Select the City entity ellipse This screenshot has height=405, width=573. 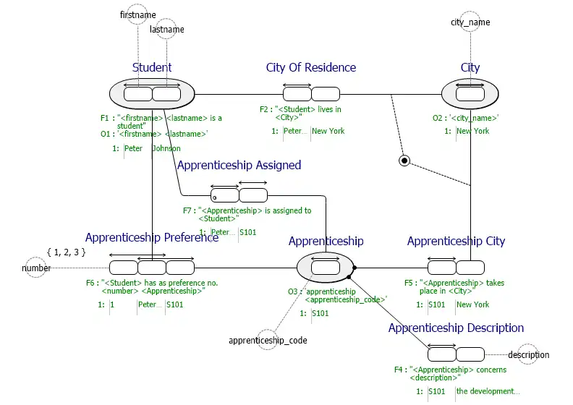pyautogui.click(x=470, y=94)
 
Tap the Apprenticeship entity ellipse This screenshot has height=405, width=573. pyautogui.click(x=325, y=268)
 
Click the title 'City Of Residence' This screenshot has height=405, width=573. pyautogui.click(x=311, y=67)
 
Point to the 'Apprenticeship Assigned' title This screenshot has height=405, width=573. pyautogui.click(x=239, y=165)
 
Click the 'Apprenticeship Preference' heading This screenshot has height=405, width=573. pyautogui.click(x=152, y=237)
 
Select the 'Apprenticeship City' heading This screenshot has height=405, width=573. pyautogui.click(x=456, y=241)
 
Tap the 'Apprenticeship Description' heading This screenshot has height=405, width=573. pyautogui.click(x=456, y=328)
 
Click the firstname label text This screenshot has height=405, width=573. pyautogui.click(x=137, y=14)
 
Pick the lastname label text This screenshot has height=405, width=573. pyautogui.click(x=167, y=30)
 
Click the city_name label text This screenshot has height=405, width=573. pyautogui.click(x=470, y=22)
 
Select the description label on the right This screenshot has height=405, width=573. pyautogui.click(x=528, y=354)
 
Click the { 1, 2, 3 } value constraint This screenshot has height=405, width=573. pyautogui.click(x=66, y=252)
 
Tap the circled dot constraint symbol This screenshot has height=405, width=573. pyautogui.click(x=404, y=160)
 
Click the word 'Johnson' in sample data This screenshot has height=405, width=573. pyautogui.click(x=166, y=148)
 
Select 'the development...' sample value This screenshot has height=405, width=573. pyautogui.click(x=488, y=391)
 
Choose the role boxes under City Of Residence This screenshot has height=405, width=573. pyautogui.click(x=311, y=94)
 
